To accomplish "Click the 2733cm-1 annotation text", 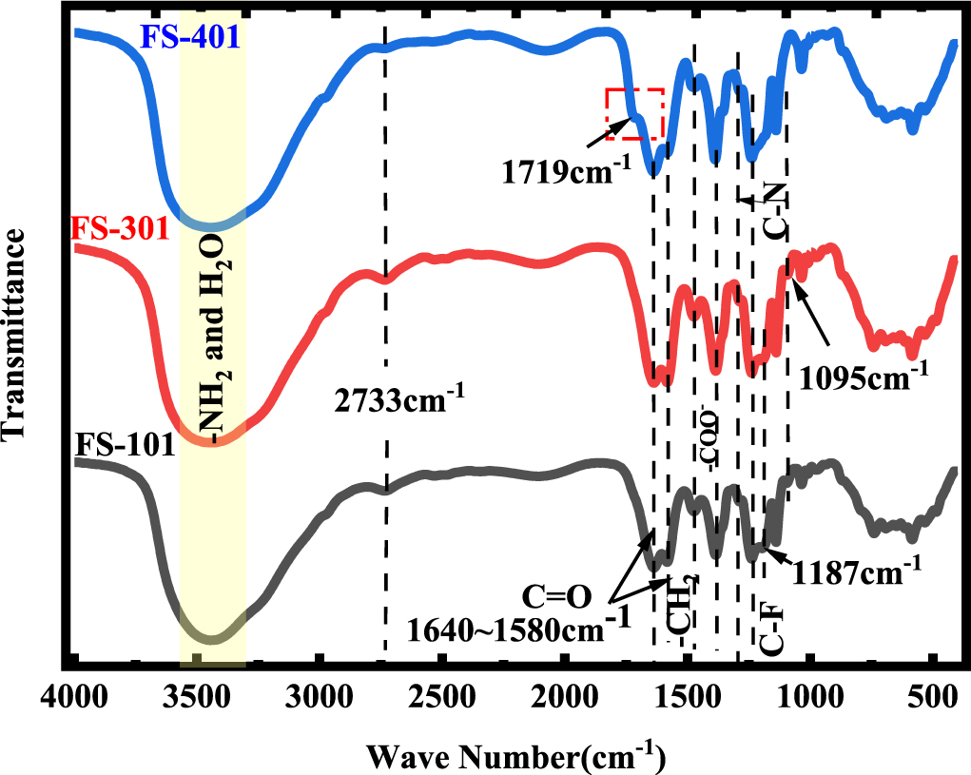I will pyautogui.click(x=399, y=398).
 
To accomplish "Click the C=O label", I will pyautogui.click(x=557, y=596).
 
